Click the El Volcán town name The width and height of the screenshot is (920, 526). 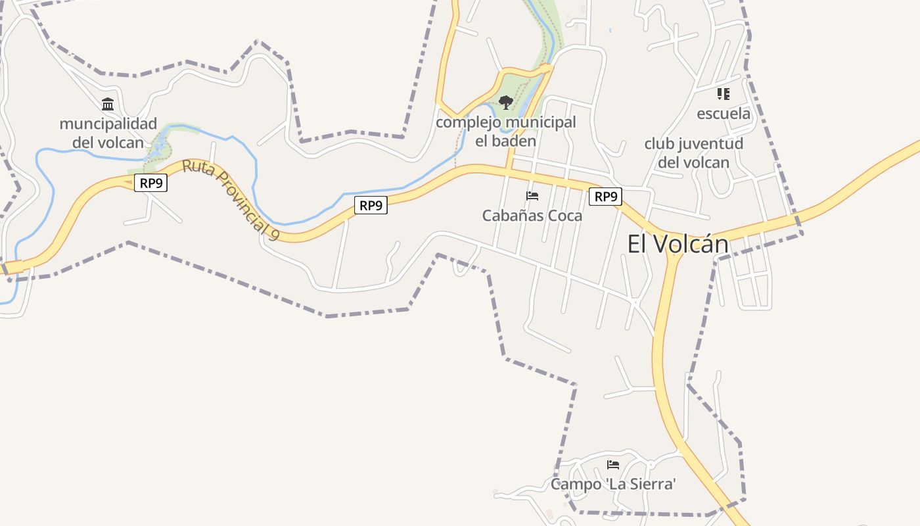tap(678, 245)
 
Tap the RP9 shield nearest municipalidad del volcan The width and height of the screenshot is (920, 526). tap(150, 183)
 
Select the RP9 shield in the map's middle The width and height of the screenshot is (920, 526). tap(371, 205)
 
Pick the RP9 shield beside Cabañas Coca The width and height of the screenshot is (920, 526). tap(605, 196)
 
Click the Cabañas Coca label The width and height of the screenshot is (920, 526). tap(532, 216)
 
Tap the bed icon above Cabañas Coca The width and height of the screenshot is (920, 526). tap(532, 196)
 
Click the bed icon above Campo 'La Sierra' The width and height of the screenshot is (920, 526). tap(613, 465)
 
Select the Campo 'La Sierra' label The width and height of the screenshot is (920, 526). tap(613, 485)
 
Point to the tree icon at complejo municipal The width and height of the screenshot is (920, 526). tap(505, 103)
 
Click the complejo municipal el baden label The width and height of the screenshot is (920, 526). tap(505, 131)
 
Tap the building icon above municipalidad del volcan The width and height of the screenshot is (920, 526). tap(108, 104)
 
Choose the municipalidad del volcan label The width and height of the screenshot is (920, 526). tap(108, 133)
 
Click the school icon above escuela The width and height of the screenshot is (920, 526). tap(723, 94)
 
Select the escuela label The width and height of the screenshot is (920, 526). tap(723, 114)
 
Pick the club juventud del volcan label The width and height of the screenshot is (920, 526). tap(693, 153)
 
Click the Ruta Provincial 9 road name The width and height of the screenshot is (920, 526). tap(230, 197)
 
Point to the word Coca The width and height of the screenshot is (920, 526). tap(564, 216)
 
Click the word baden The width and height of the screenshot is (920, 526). tap(515, 141)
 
